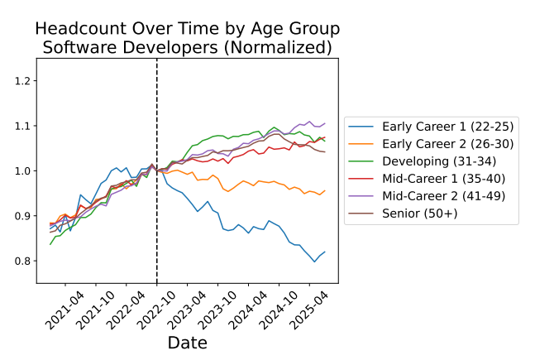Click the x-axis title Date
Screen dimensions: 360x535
[x=187, y=342]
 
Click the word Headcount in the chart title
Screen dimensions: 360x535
[x=80, y=29]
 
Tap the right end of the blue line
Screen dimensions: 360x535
[x=325, y=252]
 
